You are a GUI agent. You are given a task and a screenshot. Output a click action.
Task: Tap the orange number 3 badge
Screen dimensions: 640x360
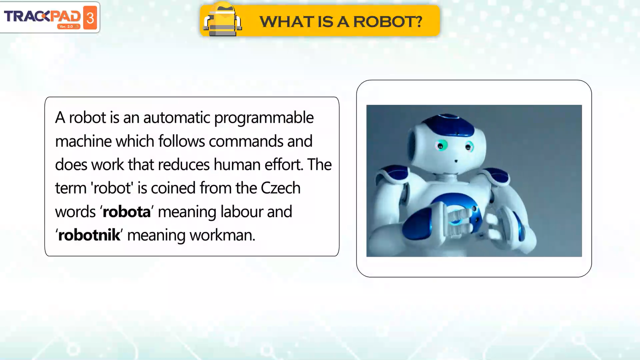coord(90,18)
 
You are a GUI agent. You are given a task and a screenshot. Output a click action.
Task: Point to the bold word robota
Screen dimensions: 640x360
coord(126,212)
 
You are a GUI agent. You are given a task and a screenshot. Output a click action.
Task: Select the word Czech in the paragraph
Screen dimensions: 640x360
coord(280,188)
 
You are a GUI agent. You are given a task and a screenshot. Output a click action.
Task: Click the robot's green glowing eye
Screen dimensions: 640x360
coord(441,146)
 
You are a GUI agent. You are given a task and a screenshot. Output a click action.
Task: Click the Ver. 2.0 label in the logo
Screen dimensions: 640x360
coord(66,26)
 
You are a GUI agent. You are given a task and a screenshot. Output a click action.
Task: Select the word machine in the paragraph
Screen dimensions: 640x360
coord(83,141)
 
